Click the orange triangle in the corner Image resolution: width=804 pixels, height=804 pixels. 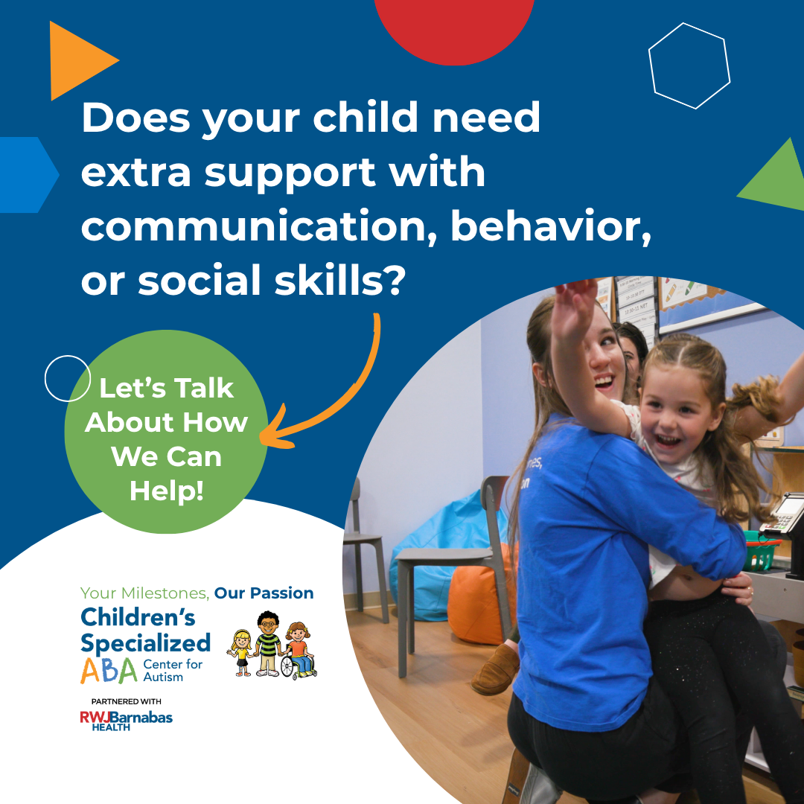[74, 61]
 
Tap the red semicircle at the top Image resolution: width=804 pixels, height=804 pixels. [453, 26]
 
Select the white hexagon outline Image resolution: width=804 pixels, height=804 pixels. [689, 66]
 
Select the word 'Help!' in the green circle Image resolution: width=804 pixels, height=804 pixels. [166, 491]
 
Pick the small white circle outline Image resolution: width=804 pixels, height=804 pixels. [67, 378]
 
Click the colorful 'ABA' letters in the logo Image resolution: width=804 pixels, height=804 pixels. [109, 670]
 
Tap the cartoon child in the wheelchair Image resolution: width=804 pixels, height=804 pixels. [299, 649]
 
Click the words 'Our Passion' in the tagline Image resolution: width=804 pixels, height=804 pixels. [264, 593]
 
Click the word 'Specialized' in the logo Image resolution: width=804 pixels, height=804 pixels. [145, 642]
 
